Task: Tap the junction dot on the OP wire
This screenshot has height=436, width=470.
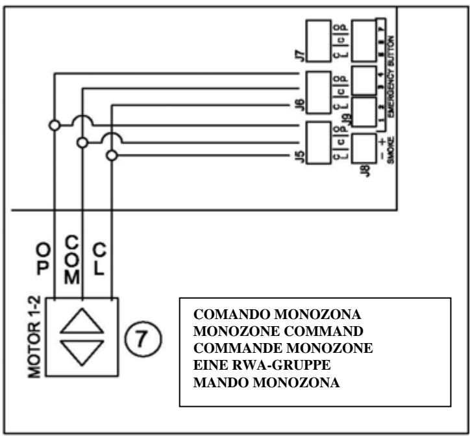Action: [54, 124]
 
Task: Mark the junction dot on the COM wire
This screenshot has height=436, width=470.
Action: [82, 142]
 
